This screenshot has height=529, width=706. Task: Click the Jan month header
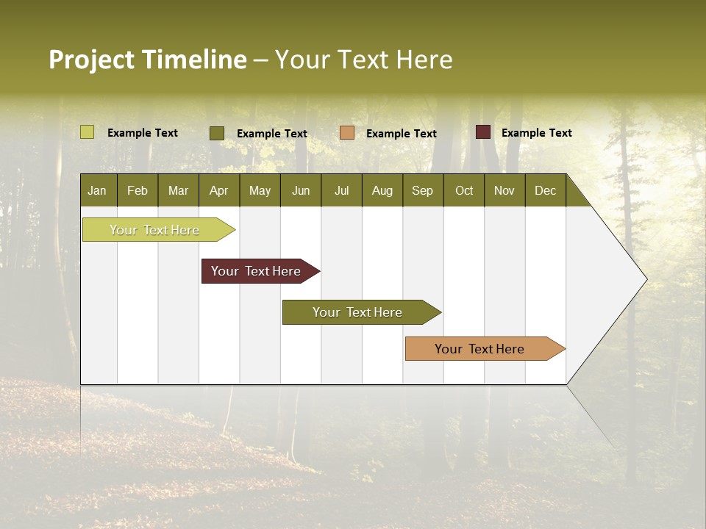pos(97,191)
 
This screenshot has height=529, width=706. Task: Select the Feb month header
pos(138,191)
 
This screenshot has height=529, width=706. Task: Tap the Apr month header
pos(218,191)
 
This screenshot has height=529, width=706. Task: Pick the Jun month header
pos(301,191)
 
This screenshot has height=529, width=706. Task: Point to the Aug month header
pos(382,191)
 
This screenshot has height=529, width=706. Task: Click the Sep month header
pos(422,191)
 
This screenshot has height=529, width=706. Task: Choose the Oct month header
pos(464,191)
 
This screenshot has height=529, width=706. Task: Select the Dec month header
pos(545,191)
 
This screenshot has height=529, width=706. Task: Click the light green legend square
pos(88,132)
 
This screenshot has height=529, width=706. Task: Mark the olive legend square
pos(217,133)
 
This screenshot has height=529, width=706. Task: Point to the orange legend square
pos(347,133)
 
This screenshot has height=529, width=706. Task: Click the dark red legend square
pos(483,132)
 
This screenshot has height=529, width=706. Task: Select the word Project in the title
pos(91,60)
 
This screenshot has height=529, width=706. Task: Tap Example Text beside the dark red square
pos(536,133)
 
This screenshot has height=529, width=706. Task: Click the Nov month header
pos(504,191)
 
